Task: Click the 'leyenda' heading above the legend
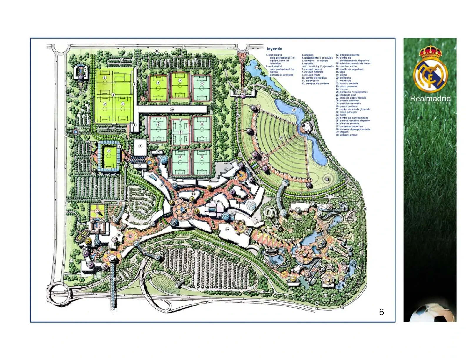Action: pyautogui.click(x=274, y=49)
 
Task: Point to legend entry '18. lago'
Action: pyautogui.click(x=340, y=72)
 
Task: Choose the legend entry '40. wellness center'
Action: pyautogui.click(x=347, y=135)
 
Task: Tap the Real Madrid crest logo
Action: pyautogui.click(x=430, y=69)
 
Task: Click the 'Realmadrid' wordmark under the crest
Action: pyautogui.click(x=430, y=99)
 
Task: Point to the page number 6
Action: pyautogui.click(x=381, y=312)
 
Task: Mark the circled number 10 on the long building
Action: pyautogui.click(x=172, y=109)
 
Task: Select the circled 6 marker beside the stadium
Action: pyautogui.click(x=119, y=146)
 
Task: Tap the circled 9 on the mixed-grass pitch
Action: pyautogui.click(x=105, y=78)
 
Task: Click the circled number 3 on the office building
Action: pyautogui.click(x=140, y=146)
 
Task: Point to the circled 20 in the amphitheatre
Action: pyautogui.click(x=281, y=138)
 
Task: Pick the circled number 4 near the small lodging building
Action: pyautogui.click(x=85, y=71)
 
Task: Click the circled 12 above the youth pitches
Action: pyautogui.click(x=180, y=120)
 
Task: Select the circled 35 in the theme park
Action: pyautogui.click(x=299, y=249)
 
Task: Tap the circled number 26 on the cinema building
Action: pyautogui.click(x=227, y=229)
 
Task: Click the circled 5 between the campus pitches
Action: pyautogui.click(x=113, y=95)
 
